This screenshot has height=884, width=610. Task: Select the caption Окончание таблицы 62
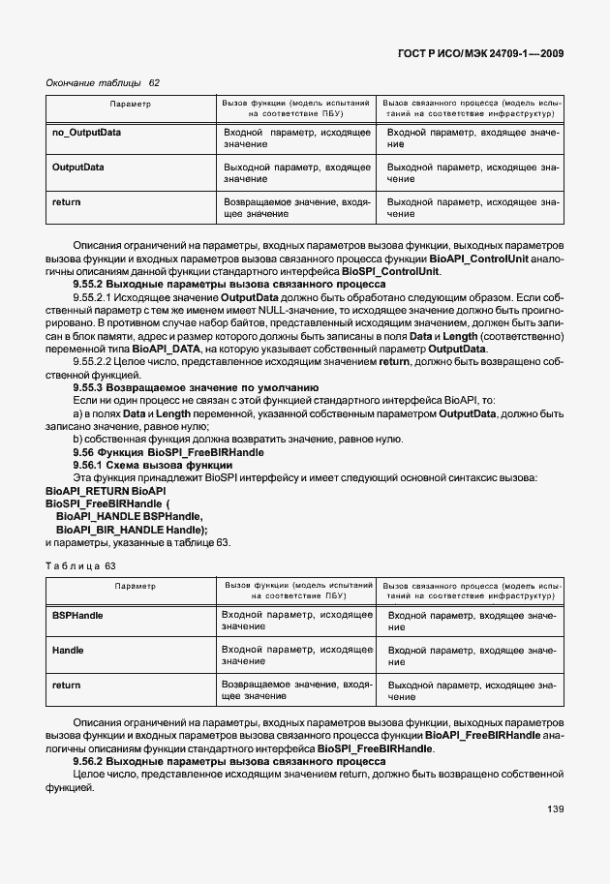103,82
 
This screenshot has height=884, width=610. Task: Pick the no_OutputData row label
86,131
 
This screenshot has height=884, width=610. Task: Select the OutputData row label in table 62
77,167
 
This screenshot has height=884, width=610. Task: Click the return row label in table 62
66,202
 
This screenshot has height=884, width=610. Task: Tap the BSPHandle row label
77,615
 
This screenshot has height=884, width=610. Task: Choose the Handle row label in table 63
68,650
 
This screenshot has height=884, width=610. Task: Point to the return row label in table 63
66,686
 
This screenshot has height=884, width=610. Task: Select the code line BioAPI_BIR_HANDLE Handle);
132,530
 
